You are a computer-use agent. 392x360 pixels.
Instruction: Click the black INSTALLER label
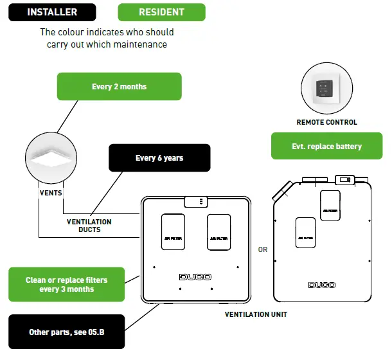pyautogui.click(x=52, y=12)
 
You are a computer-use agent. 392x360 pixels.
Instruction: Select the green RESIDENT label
pyautogui.click(x=161, y=12)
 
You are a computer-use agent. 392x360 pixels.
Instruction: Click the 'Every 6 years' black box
pyautogui.click(x=159, y=158)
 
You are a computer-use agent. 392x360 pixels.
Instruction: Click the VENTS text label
pyautogui.click(x=50, y=191)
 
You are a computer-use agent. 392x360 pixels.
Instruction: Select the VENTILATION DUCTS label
pyautogui.click(x=89, y=226)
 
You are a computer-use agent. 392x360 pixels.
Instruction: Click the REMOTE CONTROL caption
pyautogui.click(x=326, y=122)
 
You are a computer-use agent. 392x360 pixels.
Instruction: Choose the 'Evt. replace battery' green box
pyautogui.click(x=326, y=147)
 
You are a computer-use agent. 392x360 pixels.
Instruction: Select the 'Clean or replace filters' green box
pyautogui.click(x=66, y=285)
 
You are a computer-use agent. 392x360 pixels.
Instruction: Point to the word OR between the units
pyautogui.click(x=262, y=250)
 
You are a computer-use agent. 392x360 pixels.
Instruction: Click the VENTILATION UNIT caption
pyautogui.click(x=256, y=314)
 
